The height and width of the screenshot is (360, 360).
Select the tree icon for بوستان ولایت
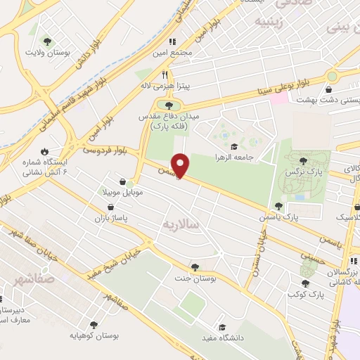pyautogui.click(x=48, y=41)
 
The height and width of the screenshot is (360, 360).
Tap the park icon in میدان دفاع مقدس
pyautogui.click(x=168, y=105)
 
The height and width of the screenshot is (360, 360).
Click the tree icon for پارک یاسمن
pyautogui.click(x=278, y=206)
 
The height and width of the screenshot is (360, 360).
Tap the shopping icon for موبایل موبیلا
pyautogui.click(x=124, y=181)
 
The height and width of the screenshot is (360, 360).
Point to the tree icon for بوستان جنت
pyautogui.click(x=194, y=266)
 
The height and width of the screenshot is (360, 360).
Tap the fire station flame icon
pyautogui.click(x=45, y=151)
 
